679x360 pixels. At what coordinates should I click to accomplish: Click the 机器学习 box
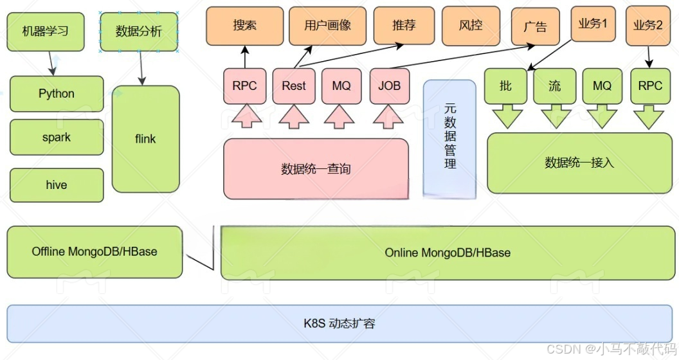point(46,32)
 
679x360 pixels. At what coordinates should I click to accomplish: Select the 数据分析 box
point(139,32)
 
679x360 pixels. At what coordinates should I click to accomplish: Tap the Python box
point(57,94)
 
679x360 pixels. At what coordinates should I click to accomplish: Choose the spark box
point(57,138)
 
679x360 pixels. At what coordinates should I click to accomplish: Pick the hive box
point(57,185)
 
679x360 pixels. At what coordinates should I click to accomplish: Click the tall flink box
point(145,139)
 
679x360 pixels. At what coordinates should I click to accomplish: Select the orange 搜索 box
point(244,26)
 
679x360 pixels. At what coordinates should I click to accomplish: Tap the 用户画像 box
point(327,26)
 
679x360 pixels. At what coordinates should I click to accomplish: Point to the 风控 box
point(471,26)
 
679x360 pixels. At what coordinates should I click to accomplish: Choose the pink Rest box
point(294,86)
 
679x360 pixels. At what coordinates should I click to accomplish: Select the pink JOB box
point(390,86)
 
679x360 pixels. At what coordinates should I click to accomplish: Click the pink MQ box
point(341,86)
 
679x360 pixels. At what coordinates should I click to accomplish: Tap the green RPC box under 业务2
point(650,86)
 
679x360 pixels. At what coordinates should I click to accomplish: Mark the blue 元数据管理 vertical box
point(449,138)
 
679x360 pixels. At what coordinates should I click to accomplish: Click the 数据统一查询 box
point(316,169)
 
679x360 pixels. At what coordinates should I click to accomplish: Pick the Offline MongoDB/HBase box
point(95,251)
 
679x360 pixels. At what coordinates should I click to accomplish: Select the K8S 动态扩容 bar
point(339,323)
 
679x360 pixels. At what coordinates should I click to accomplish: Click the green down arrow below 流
point(556,118)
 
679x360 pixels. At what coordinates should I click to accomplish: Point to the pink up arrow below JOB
point(390,116)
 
